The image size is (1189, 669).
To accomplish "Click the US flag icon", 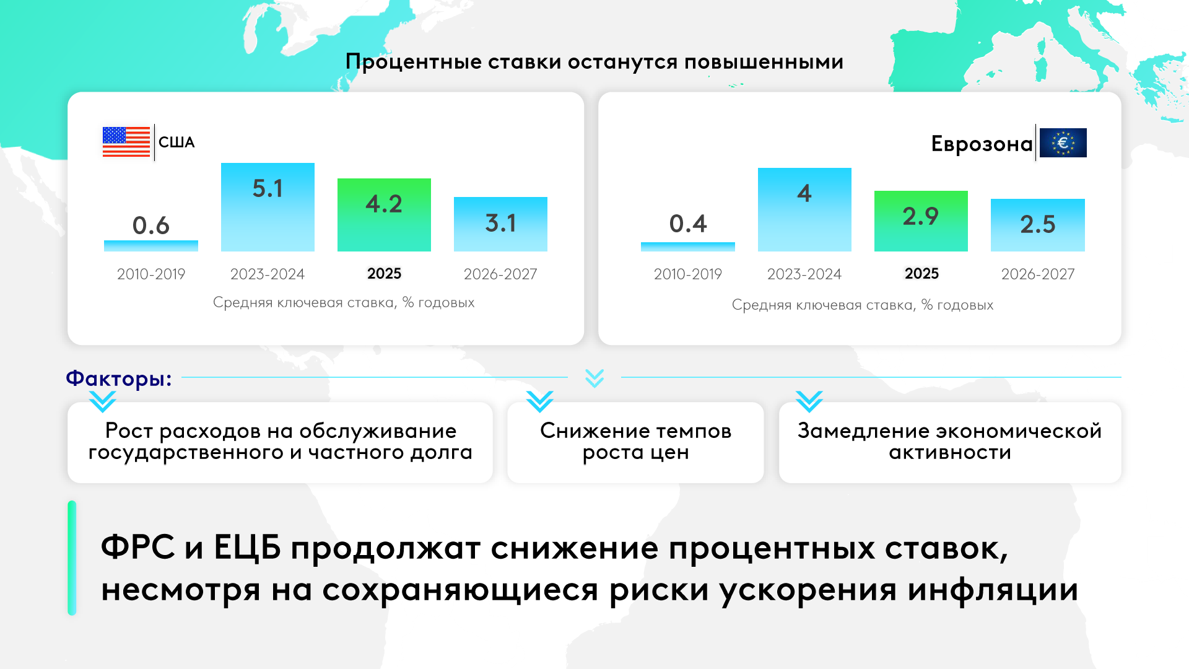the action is click(x=126, y=142).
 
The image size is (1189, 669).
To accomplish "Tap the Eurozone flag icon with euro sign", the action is click(x=1063, y=142).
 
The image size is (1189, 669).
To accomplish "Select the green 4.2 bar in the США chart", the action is click(x=384, y=215).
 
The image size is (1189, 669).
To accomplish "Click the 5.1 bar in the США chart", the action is click(x=268, y=207).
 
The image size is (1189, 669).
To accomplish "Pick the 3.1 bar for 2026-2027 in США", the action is click(x=500, y=224).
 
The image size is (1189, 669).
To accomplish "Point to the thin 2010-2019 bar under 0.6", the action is click(x=151, y=246).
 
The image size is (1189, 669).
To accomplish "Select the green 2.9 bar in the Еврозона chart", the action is click(x=921, y=221).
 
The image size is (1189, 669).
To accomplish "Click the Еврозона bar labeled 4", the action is click(x=804, y=209).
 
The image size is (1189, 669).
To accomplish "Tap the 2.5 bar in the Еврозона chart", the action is click(x=1038, y=225).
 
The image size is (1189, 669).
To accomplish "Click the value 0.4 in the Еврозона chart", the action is click(x=688, y=224).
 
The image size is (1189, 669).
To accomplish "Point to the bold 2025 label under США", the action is click(x=384, y=273).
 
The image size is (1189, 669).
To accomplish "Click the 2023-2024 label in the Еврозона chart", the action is click(x=804, y=274).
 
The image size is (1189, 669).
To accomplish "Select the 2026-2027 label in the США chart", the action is click(x=500, y=274).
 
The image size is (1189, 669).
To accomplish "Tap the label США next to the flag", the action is click(x=176, y=142).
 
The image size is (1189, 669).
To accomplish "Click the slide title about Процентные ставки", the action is click(x=594, y=62).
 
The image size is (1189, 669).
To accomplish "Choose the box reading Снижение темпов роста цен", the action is click(x=635, y=442).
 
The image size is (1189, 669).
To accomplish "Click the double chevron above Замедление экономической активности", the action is click(x=809, y=401).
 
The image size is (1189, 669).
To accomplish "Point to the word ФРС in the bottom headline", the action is click(x=138, y=548).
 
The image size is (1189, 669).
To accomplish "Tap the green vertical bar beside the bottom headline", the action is click(x=72, y=557).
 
